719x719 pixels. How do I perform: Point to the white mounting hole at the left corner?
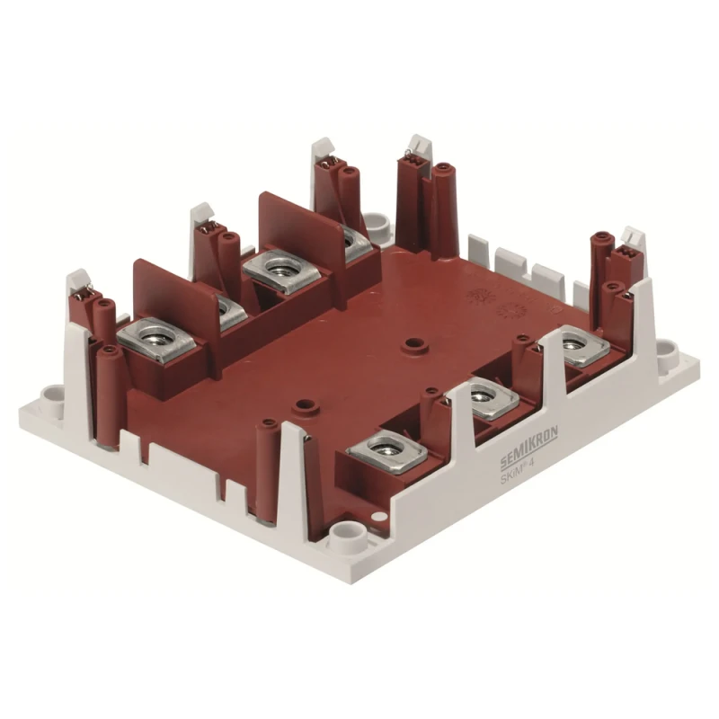[52, 393]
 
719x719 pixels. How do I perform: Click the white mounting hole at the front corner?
[344, 537]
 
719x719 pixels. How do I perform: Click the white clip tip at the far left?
[77, 281]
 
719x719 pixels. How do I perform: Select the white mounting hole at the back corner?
[377, 220]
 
